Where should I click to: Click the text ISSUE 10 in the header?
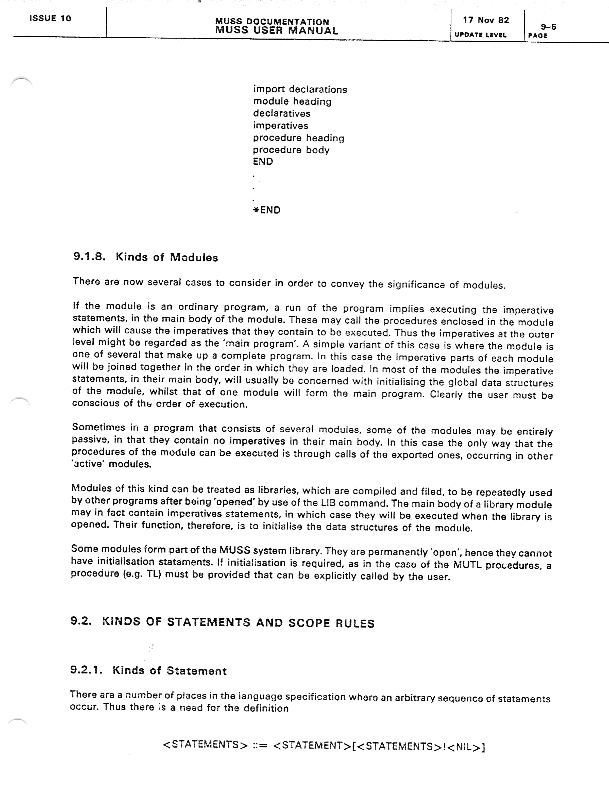pyautogui.click(x=50, y=18)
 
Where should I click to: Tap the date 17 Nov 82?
pyautogui.click(x=486, y=20)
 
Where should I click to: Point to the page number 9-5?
pyautogui.click(x=548, y=27)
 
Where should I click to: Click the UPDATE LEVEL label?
pyautogui.click(x=480, y=35)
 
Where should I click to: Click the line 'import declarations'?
pyautogui.click(x=300, y=90)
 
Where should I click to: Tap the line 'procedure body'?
pyautogui.click(x=291, y=150)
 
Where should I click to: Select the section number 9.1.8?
pyautogui.click(x=89, y=257)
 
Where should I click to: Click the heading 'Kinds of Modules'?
pyautogui.click(x=167, y=257)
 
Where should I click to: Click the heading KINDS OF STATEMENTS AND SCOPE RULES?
pyautogui.click(x=238, y=623)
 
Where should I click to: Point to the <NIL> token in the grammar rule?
pyautogui.click(x=464, y=747)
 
